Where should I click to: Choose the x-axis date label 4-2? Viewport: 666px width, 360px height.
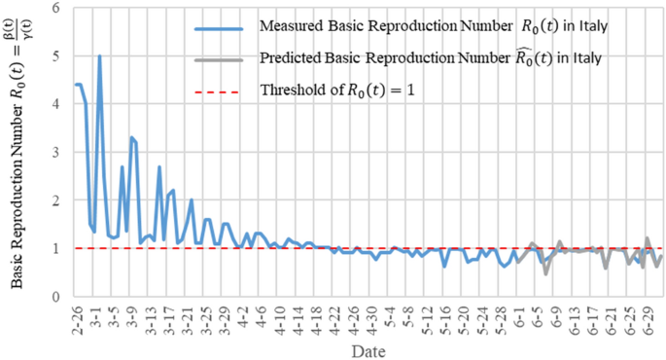pyautogui.click(x=240, y=313)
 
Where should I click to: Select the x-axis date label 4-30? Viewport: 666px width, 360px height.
pyautogui.click(x=370, y=314)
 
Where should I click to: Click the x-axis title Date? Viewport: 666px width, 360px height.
pyautogui.click(x=367, y=348)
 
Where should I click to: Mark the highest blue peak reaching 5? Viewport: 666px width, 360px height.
pyautogui.click(x=99, y=56)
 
